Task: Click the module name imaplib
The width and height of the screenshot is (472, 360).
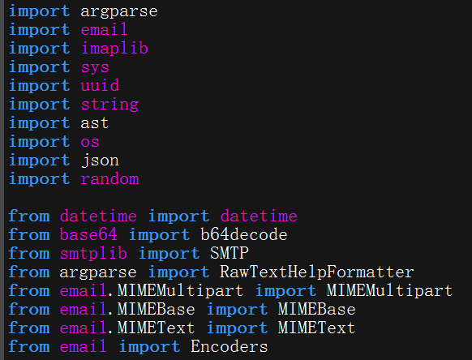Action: click(114, 49)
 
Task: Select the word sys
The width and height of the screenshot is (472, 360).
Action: click(95, 68)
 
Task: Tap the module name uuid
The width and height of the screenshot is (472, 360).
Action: click(100, 85)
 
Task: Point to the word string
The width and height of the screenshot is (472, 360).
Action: click(109, 105)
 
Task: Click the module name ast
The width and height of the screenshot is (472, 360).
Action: click(95, 123)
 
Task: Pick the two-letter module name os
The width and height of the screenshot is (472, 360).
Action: click(90, 142)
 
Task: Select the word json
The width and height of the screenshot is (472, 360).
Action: click(100, 161)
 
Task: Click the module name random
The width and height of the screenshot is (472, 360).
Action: click(109, 179)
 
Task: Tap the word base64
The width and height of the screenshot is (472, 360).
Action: click(88, 234)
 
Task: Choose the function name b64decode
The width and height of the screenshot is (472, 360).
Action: click(244, 234)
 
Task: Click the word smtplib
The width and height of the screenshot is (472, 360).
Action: click(93, 253)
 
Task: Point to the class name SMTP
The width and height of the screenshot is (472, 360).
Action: click(230, 253)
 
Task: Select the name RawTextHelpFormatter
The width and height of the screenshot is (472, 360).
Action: click(316, 272)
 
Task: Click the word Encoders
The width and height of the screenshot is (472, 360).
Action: click(229, 346)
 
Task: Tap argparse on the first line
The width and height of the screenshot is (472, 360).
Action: click(119, 11)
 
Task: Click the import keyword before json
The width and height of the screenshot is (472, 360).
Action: click(40, 161)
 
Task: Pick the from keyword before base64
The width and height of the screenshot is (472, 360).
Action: click(29, 234)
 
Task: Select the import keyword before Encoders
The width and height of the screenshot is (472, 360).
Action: click(149, 346)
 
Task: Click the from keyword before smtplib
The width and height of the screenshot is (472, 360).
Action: click(29, 253)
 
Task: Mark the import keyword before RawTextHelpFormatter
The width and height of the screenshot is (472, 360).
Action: click(178, 272)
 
